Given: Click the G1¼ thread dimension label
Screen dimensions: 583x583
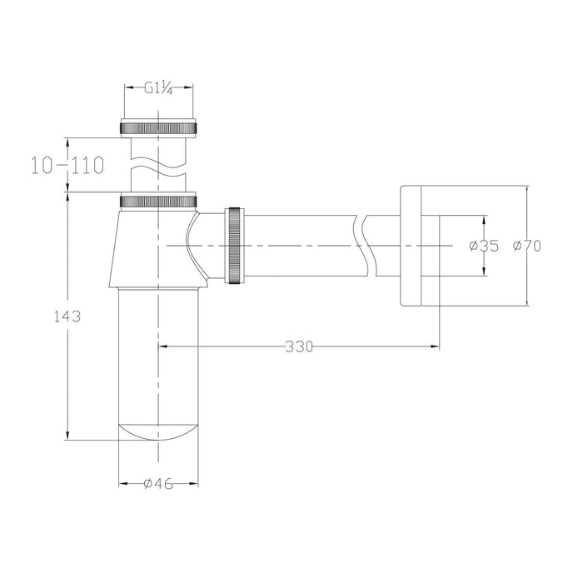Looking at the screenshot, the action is [159, 88].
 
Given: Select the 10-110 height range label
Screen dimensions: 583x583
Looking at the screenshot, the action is [67, 166].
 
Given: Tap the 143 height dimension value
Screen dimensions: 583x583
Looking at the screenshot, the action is [67, 316].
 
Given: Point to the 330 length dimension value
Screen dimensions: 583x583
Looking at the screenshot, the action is [299, 346].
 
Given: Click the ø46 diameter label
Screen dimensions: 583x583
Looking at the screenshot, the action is [158, 484].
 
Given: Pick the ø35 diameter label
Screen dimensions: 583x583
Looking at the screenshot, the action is [484, 246].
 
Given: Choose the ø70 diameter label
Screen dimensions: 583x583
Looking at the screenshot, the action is [527, 246].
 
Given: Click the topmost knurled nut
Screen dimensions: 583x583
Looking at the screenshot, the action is [158, 128].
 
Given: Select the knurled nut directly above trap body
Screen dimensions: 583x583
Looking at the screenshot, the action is [158, 202].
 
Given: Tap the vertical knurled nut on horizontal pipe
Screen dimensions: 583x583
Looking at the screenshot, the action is [235, 246].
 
